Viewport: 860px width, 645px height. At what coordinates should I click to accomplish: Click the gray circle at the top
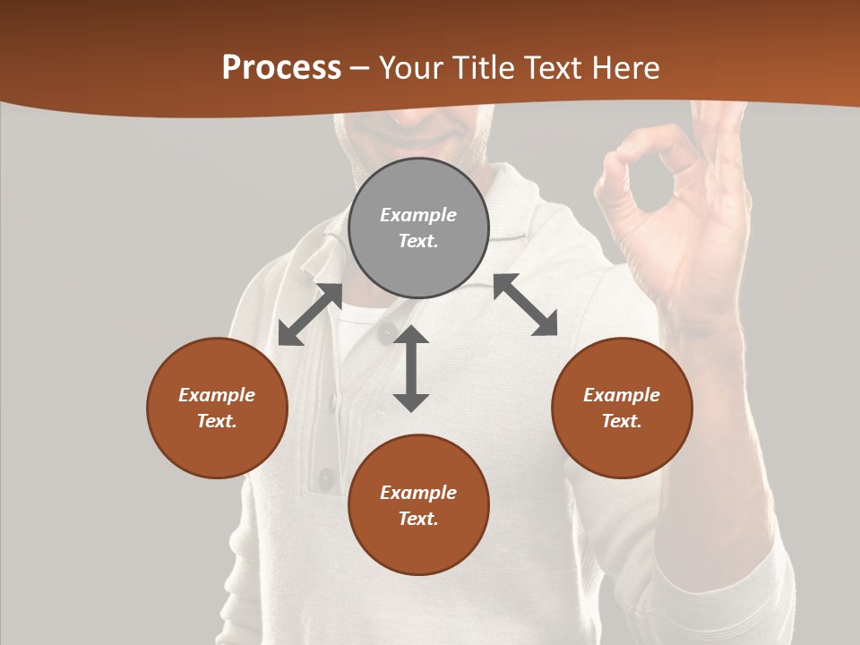coord(418,228)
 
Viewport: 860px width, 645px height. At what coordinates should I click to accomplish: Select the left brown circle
coord(217,408)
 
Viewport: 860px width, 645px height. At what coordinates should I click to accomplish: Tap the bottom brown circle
coord(418,505)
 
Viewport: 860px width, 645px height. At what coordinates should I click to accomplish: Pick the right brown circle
coord(621,408)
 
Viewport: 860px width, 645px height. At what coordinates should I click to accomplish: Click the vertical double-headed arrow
coord(411,368)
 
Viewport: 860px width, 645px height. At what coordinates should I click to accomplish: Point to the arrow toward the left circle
coord(310,314)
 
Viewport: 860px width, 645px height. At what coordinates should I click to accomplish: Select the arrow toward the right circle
coord(525,305)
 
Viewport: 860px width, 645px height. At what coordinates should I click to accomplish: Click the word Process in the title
coord(281,68)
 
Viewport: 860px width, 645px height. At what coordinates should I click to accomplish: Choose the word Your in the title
coord(413,68)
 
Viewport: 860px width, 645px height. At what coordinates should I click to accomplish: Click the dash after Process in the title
coord(360,69)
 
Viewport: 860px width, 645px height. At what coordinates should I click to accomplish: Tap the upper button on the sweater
coord(387,333)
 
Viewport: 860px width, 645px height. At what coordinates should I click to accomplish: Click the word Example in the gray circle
coord(418,215)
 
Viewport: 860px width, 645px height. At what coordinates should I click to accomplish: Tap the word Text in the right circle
coord(621,421)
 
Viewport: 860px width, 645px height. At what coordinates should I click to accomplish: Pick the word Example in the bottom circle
coord(418,493)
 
